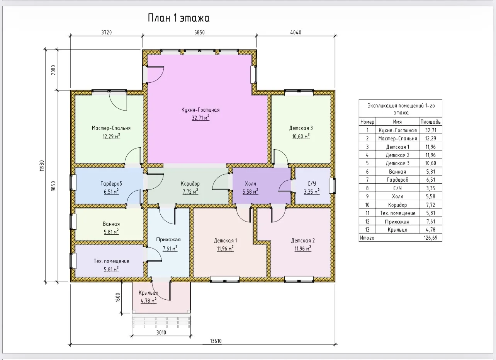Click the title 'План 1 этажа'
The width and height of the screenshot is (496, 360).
[x=178, y=18]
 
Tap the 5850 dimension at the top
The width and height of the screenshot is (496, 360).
[x=199, y=32]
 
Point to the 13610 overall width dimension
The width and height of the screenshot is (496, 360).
[x=216, y=341]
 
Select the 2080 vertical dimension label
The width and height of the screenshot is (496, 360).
[x=53, y=70]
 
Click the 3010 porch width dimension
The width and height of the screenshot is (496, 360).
[x=161, y=333]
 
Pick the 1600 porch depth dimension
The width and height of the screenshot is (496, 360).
[x=118, y=297]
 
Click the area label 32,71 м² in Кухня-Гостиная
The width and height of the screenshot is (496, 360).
[x=200, y=118]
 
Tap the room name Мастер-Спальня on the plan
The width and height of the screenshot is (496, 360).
[x=111, y=128]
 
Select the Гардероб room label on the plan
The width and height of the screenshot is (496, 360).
[x=111, y=184]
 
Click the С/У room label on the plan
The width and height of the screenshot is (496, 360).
[x=312, y=184]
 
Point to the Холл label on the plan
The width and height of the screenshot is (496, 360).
[x=250, y=184]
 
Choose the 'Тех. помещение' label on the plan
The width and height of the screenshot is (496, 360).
[x=111, y=261]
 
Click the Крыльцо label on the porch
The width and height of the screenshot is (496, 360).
[x=148, y=293]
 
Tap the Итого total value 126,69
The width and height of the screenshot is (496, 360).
[x=430, y=238]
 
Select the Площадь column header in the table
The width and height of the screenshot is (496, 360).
[x=430, y=122]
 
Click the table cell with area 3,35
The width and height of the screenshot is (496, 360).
[x=430, y=188]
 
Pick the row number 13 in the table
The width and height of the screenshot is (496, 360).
[x=367, y=230]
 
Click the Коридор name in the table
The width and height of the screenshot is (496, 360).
[x=397, y=205]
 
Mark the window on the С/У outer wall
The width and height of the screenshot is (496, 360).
[x=332, y=186]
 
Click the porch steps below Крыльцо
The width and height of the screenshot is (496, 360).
[x=161, y=321]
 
